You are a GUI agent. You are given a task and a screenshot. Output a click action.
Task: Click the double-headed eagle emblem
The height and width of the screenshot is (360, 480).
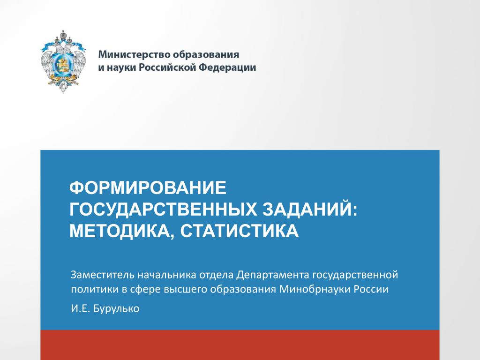point(63,61)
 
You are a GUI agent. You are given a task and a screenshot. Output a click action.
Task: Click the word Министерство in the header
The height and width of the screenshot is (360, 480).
point(135,54)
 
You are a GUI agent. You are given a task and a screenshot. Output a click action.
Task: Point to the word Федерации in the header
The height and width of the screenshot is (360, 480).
point(227,67)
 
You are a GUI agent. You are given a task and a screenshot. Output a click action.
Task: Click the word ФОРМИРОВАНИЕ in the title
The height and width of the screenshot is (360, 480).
point(148,187)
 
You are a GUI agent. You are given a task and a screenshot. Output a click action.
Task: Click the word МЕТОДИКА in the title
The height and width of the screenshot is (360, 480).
point(120,231)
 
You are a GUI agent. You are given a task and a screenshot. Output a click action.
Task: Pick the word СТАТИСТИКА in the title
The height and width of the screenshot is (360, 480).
point(240,231)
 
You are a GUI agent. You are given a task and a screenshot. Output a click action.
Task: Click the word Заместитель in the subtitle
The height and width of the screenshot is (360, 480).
point(102,275)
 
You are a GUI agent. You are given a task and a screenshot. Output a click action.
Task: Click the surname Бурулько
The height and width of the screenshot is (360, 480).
point(116,308)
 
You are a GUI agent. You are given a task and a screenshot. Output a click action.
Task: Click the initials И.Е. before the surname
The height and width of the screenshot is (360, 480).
point(81,308)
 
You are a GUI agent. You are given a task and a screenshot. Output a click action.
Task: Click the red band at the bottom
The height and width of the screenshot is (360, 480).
point(240,345)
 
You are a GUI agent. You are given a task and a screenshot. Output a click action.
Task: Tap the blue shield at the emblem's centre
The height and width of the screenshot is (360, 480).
point(63,63)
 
